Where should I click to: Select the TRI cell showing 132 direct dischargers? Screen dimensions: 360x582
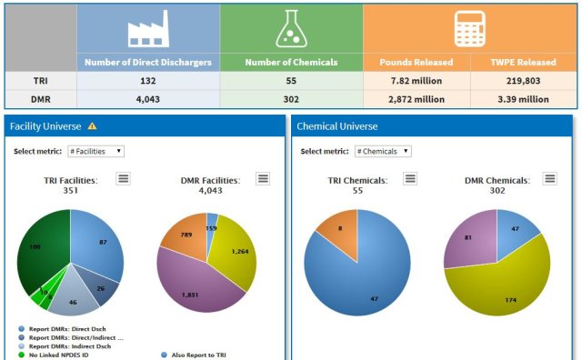147,80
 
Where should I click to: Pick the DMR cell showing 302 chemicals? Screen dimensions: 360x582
291,98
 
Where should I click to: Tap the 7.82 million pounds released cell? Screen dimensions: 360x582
416,80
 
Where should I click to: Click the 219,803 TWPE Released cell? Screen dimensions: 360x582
523,80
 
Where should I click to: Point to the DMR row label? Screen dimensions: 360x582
41,98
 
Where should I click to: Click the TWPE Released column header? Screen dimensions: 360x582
523,62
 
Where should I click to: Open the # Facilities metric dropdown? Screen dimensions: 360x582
95,151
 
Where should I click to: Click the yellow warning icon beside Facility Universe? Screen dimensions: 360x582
92,126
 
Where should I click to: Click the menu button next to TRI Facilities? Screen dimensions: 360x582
123,178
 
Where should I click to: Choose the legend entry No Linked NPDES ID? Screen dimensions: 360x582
64,355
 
